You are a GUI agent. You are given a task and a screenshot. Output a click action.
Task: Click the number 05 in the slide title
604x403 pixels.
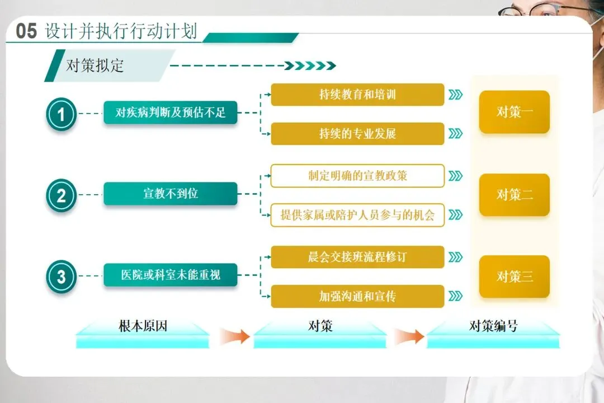coord(26,31)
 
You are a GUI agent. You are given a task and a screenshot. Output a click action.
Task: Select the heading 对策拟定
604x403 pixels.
coord(95,65)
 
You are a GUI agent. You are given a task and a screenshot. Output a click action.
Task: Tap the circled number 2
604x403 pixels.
coord(62,195)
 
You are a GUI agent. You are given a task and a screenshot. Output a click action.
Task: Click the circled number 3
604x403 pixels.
coord(62,277)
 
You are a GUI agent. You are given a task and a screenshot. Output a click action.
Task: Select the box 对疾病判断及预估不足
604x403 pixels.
coord(171,113)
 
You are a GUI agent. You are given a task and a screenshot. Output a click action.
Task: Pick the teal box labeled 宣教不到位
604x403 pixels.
coord(171,194)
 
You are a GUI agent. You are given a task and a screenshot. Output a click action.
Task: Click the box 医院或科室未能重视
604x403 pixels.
coord(171,275)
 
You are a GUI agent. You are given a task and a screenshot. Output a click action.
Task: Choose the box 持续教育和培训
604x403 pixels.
coord(357,95)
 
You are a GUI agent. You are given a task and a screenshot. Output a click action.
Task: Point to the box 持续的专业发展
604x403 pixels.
coord(357,134)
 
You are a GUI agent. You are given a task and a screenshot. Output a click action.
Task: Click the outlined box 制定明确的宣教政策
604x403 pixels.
coord(357,176)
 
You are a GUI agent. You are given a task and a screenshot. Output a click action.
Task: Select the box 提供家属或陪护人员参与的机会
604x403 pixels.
coord(357,215)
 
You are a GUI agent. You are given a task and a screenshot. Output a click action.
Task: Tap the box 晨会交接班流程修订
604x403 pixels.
coord(357,257)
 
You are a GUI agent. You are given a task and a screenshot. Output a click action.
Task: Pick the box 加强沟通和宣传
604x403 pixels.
coord(357,296)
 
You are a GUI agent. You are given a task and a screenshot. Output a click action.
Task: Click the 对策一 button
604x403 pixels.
coord(515,112)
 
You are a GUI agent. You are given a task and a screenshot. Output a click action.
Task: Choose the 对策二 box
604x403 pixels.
coord(515,195)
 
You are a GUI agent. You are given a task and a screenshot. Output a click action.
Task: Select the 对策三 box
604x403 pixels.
coord(515,277)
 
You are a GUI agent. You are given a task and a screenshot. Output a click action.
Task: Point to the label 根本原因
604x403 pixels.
coord(143,326)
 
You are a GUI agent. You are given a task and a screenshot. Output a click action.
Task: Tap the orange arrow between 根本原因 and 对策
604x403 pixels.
coord(234,336)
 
